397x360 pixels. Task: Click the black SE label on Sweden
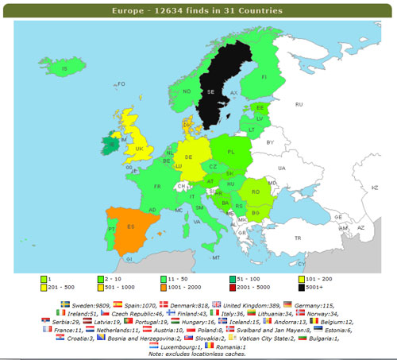coord(210,92)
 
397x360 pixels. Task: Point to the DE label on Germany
coord(188,157)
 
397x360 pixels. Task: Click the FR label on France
coord(157,187)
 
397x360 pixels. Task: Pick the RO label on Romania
coord(256,192)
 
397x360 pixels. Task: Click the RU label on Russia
coord(299,104)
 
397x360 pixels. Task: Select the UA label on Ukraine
coord(281,168)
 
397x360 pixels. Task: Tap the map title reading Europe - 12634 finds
coord(198,12)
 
